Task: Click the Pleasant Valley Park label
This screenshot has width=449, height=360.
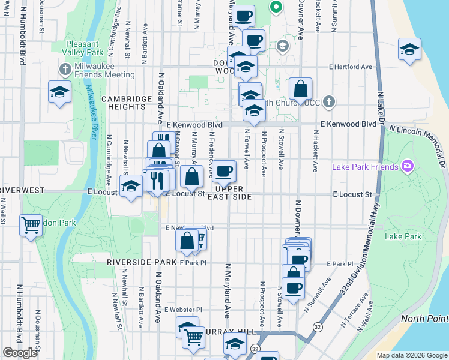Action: click(x=82, y=48)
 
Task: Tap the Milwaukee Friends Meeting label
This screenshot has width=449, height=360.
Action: click(x=104, y=74)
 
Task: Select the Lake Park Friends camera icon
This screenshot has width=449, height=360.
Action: click(x=407, y=166)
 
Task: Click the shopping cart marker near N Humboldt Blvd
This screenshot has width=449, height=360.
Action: click(x=31, y=226)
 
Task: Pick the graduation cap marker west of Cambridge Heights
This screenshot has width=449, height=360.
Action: click(x=59, y=92)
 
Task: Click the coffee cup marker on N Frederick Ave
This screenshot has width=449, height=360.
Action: click(x=224, y=172)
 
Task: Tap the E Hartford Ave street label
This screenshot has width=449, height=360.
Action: click(x=350, y=67)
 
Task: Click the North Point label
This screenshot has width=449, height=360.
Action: click(x=424, y=318)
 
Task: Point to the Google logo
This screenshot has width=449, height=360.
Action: click(x=20, y=353)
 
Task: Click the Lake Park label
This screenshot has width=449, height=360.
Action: click(x=403, y=236)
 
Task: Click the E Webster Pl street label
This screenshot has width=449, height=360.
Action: click(x=182, y=310)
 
